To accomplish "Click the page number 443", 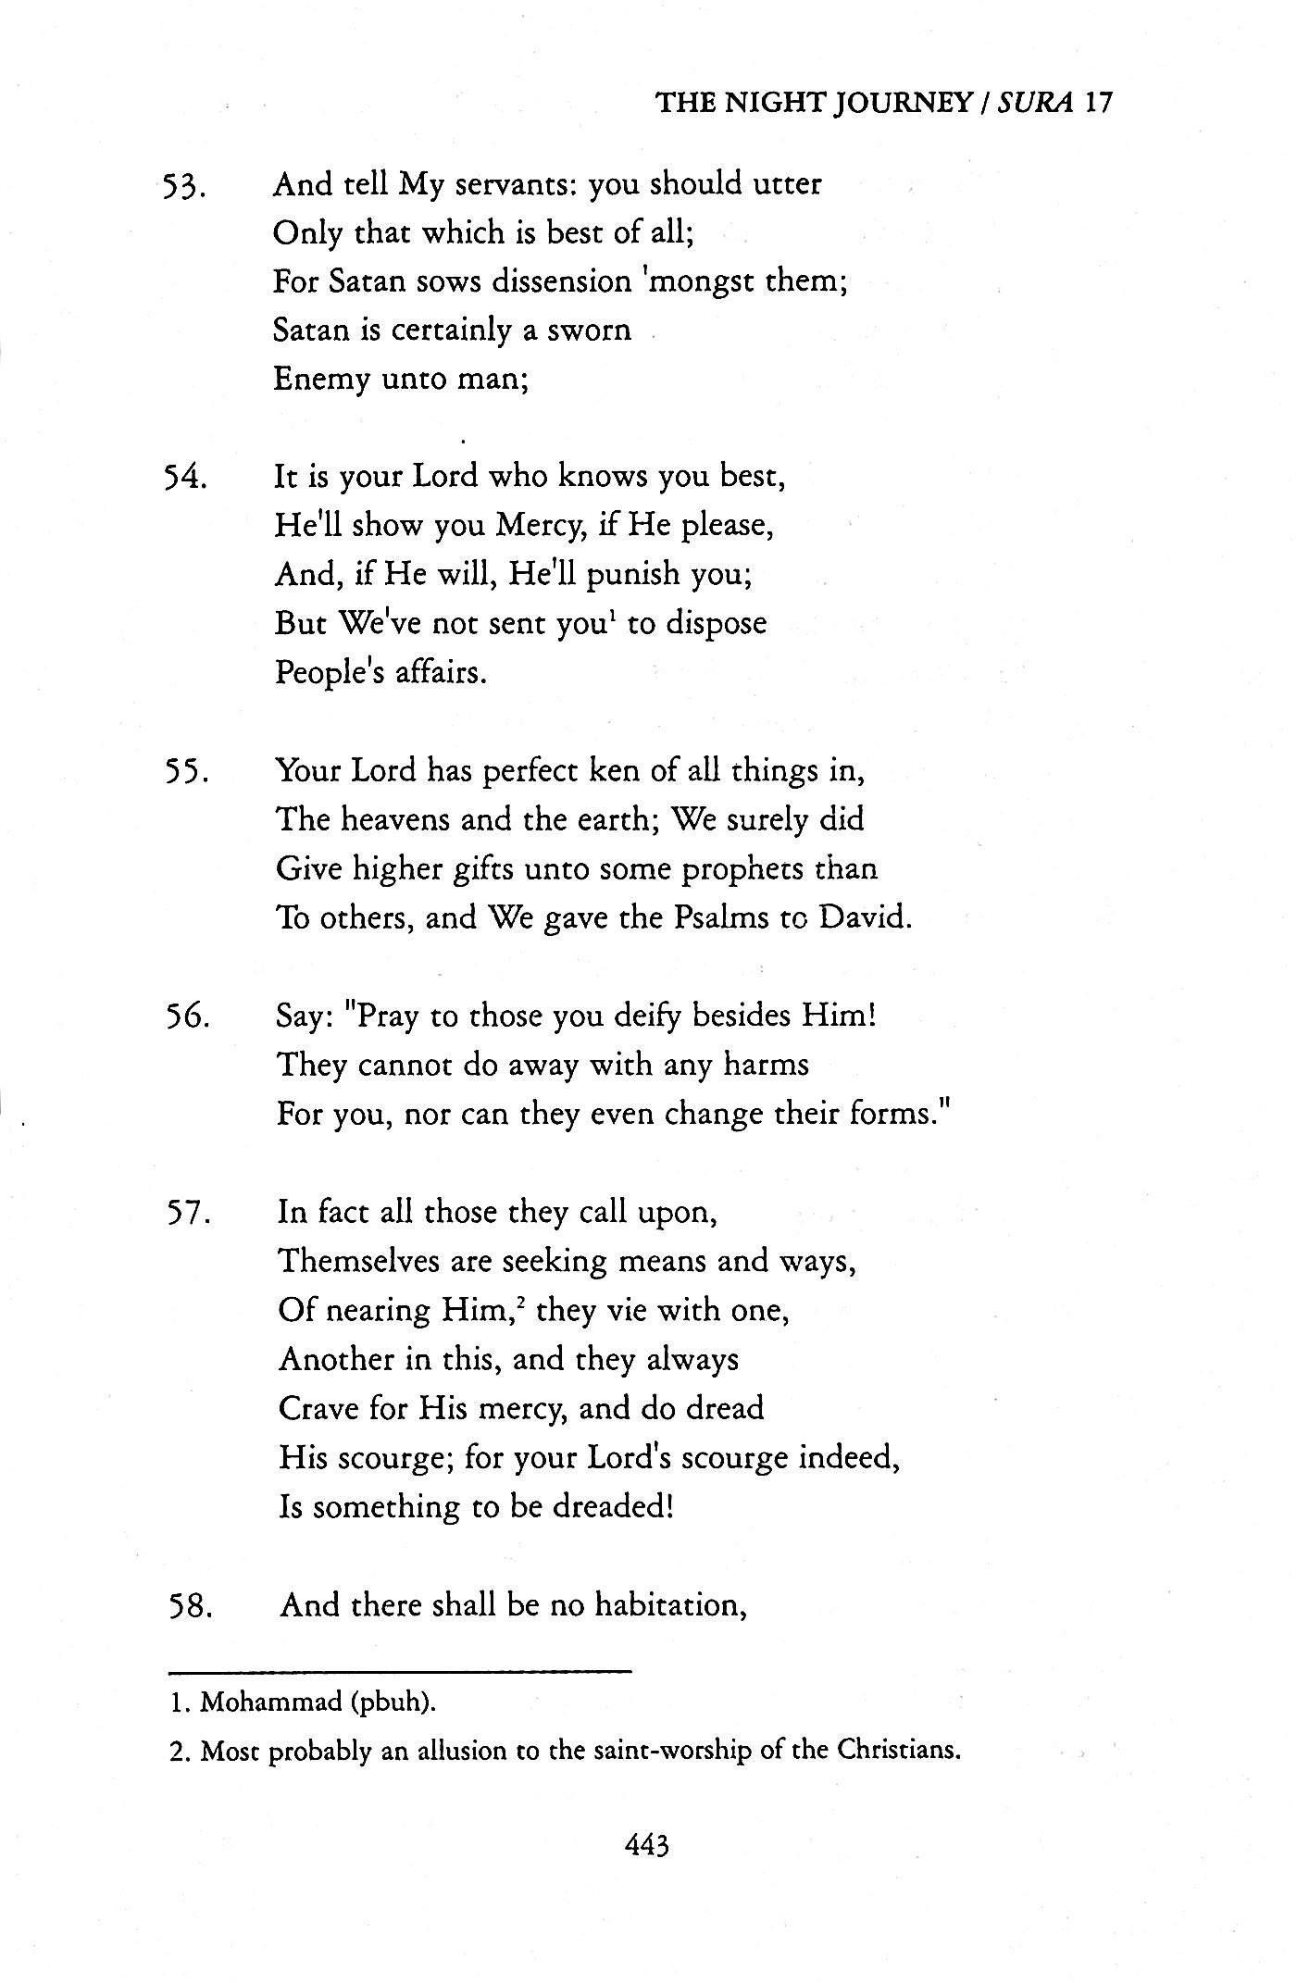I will [x=647, y=1846].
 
